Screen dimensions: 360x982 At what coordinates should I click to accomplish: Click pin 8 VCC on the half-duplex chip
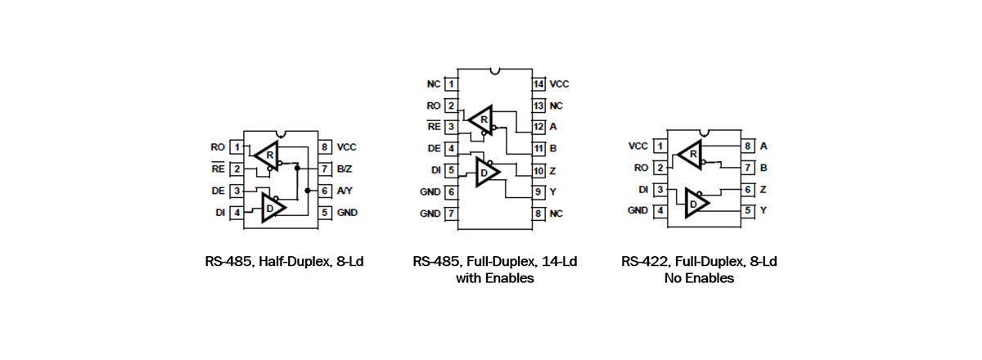[x=327, y=147]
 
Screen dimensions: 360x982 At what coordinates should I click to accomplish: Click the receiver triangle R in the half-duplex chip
[x=267, y=154]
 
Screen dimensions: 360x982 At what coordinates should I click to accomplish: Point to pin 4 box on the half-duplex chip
[x=236, y=213]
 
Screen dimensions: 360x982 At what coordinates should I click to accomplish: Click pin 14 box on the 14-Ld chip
[x=538, y=84]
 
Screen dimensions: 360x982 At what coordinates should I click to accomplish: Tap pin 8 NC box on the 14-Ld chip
[x=538, y=213]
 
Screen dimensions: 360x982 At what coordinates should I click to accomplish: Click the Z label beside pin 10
[x=554, y=170]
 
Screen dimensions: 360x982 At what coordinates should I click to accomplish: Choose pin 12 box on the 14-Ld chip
[x=538, y=127]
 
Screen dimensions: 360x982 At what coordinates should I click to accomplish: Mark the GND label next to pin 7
[x=430, y=213]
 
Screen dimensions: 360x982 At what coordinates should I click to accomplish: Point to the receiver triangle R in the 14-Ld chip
[x=482, y=119]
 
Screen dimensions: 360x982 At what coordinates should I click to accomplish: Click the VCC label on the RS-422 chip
[x=637, y=146]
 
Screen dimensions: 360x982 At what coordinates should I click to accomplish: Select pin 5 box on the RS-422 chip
[x=747, y=210]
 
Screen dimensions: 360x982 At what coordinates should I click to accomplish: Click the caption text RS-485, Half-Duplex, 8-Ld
[x=284, y=263]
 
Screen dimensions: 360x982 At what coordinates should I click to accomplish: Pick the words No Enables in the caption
[x=699, y=278]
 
